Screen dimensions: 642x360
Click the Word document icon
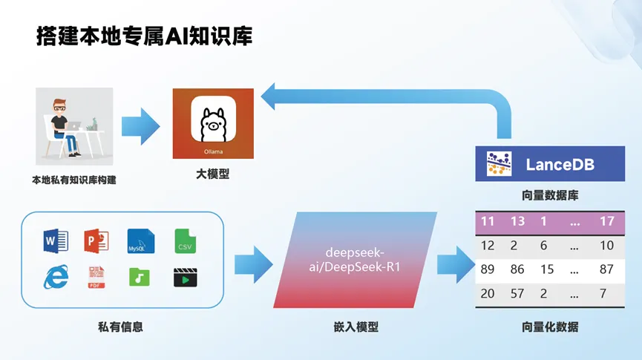[x=56, y=240]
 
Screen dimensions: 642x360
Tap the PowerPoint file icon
[x=96, y=240]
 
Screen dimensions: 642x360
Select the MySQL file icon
[x=141, y=240]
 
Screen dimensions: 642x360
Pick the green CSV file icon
[x=185, y=240]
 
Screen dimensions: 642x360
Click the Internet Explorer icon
[x=56, y=277]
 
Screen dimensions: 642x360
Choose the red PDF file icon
[x=96, y=278]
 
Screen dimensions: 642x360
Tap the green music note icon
[x=140, y=277]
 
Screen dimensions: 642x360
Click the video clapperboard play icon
[x=185, y=278]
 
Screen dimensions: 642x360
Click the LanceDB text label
[x=560, y=165]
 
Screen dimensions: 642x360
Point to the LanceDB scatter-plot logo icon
[x=499, y=164]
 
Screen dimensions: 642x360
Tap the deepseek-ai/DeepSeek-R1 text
[x=355, y=260]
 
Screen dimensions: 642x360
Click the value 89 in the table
[x=487, y=269]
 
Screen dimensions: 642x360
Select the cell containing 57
[x=517, y=293]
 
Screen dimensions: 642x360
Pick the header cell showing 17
[x=607, y=221]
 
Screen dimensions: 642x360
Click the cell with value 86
[x=517, y=269]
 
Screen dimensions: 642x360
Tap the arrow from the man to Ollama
[x=140, y=126]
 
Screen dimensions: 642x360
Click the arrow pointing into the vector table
[x=456, y=264]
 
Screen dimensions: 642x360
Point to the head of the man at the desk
[x=59, y=106]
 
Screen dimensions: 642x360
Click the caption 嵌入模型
[x=356, y=327]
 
